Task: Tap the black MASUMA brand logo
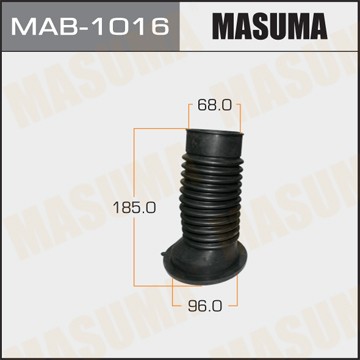tap(270, 26)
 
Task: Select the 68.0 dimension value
tap(214, 105)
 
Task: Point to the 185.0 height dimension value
tap(134, 208)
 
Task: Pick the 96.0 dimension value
tap(205, 305)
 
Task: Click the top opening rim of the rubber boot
tap(215, 133)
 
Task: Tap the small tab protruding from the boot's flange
tap(164, 254)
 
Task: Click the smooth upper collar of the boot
tap(214, 143)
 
